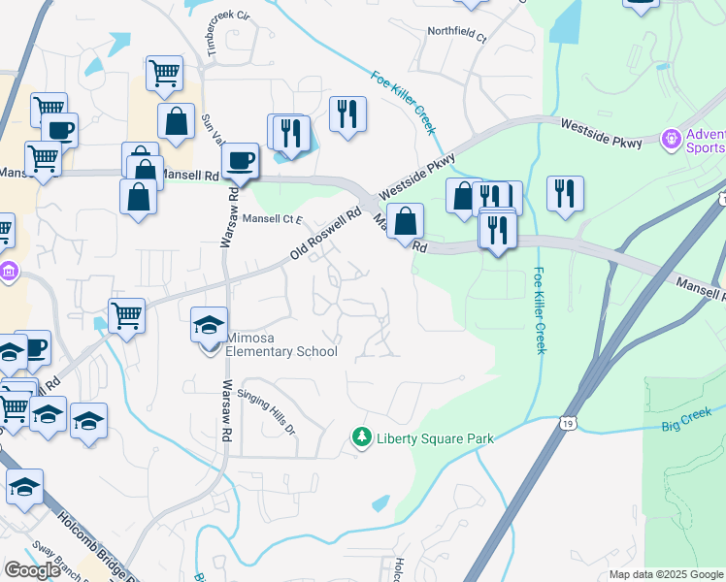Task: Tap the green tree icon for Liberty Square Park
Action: [362, 438]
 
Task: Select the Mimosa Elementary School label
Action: [280, 344]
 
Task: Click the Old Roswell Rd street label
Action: [326, 233]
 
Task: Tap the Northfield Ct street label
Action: [457, 31]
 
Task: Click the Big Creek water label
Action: [687, 425]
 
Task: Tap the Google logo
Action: [32, 569]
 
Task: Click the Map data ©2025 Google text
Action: [666, 574]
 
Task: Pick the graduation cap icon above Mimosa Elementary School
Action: [209, 324]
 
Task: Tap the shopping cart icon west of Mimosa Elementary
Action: [126, 314]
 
